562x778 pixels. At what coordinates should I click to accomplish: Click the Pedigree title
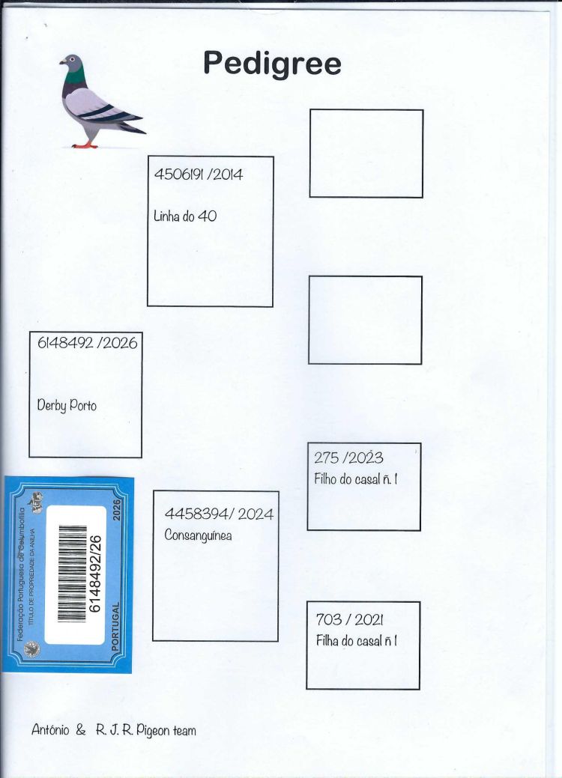coord(272,64)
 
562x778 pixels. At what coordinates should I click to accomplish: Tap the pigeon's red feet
coord(85,145)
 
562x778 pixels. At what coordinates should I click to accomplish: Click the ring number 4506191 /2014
coord(198,174)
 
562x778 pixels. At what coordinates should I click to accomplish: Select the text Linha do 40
coord(184,216)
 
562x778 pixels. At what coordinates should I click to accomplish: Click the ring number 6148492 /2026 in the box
coord(88,342)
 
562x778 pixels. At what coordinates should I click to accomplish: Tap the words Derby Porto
coord(67,405)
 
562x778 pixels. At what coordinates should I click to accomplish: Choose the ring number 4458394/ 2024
coord(219,514)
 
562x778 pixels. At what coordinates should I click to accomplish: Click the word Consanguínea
coord(198,535)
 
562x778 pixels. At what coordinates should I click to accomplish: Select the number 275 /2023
coord(348,458)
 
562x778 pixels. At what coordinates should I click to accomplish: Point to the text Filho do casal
coord(346,478)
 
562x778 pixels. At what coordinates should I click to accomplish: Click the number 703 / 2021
coord(349,619)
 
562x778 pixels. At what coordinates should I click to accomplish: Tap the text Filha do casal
coord(348,640)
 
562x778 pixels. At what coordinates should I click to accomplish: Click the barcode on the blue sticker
coord(72,573)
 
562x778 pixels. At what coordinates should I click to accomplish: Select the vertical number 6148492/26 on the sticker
coord(94,574)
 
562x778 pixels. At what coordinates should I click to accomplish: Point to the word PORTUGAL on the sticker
coord(115,626)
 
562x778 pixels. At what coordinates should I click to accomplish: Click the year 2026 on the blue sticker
coord(117,510)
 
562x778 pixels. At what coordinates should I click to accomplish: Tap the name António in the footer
coord(50,729)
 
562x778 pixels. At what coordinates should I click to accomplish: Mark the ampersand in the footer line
coord(80,730)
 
